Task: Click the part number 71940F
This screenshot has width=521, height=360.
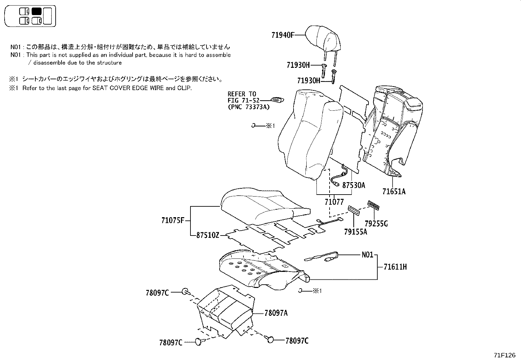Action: click(283, 35)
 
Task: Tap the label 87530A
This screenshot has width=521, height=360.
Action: click(353, 185)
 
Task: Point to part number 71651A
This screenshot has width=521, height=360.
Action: click(394, 192)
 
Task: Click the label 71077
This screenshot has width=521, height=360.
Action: click(334, 202)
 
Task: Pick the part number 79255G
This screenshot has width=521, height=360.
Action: click(376, 224)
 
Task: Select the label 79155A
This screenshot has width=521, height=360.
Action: click(355, 232)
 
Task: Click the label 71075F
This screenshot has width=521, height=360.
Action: click(173, 220)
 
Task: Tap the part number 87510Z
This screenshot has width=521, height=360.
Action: click(208, 235)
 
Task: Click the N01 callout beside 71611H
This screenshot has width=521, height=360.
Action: click(367, 255)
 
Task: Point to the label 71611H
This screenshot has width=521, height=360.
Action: click(395, 267)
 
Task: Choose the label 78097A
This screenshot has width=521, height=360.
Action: click(276, 313)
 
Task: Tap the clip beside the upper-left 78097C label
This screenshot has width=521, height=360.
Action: click(185, 291)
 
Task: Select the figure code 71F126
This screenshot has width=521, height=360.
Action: click(505, 355)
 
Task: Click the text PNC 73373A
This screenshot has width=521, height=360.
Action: click(249, 107)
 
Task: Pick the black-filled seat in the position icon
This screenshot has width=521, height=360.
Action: click(37, 11)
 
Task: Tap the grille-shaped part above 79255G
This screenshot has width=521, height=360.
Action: click(373, 204)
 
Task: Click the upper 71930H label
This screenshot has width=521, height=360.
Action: click(298, 65)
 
